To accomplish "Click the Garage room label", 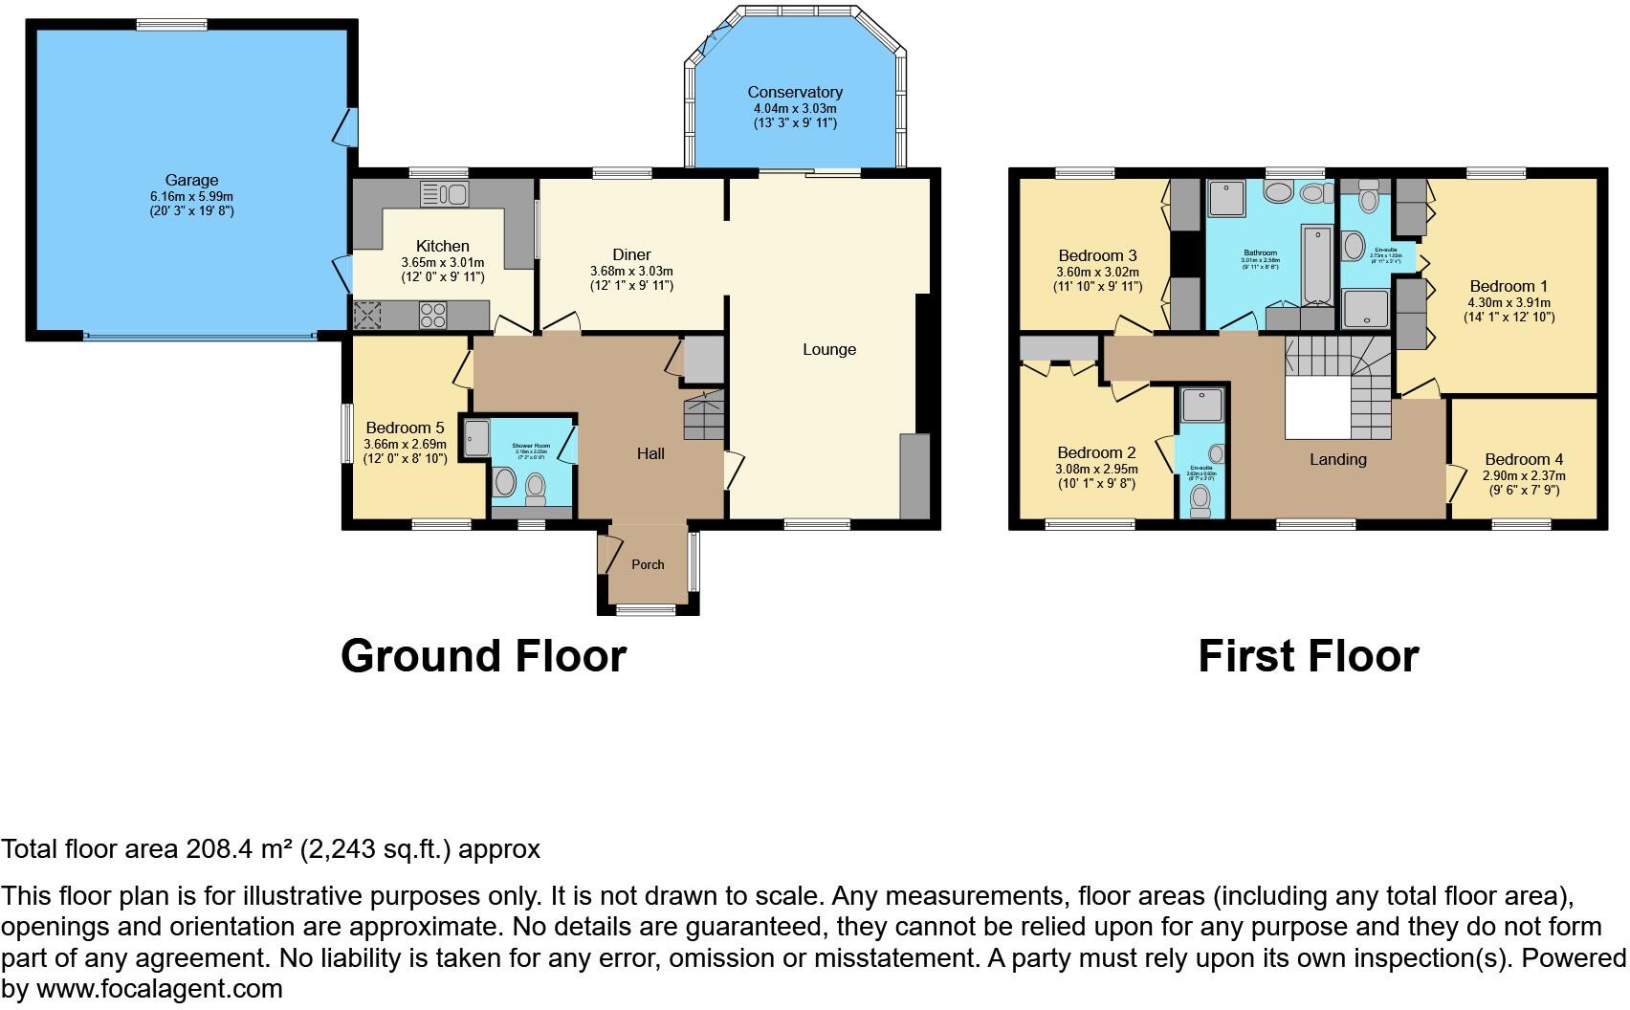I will click(x=191, y=180).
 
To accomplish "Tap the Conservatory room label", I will click(x=795, y=92).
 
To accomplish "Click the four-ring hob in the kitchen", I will click(x=432, y=315).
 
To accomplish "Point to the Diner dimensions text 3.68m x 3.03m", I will click(x=631, y=271).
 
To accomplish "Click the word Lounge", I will click(x=829, y=349).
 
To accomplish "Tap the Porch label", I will click(x=648, y=564).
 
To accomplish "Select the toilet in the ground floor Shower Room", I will click(x=535, y=486).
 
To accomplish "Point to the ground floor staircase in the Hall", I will click(x=703, y=418).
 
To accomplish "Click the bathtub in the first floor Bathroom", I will click(x=1317, y=263).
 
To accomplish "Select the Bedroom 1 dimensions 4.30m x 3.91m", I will click(x=1509, y=302).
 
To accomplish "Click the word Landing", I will click(x=1337, y=459).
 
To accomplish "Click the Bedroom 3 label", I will click(x=1097, y=255).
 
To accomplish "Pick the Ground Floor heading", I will click(x=483, y=656).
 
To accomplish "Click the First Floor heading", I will click(x=1308, y=656).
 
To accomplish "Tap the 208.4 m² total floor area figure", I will click(x=245, y=849).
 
